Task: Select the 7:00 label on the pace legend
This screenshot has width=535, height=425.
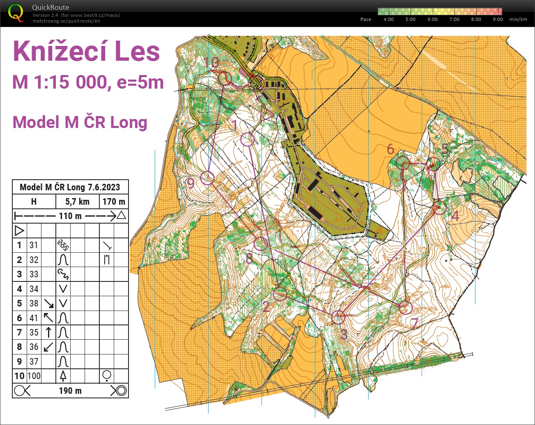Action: (454, 19)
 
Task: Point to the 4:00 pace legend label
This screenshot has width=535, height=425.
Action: (388, 19)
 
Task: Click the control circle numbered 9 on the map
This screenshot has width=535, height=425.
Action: (207, 178)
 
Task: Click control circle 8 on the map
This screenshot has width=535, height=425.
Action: (261, 244)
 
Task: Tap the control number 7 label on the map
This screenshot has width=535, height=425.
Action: (415, 324)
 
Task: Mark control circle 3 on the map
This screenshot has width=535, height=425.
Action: (338, 317)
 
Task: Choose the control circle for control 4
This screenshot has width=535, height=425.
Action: (440, 208)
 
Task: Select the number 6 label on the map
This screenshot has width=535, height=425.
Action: (390, 149)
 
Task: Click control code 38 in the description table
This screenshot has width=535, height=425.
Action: (34, 303)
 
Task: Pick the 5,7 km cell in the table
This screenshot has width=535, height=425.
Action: (77, 201)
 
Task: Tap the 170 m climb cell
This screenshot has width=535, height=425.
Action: (114, 201)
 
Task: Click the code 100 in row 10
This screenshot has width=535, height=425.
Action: (34, 376)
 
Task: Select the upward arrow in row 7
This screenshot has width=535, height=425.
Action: (48, 332)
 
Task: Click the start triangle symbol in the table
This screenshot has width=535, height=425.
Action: (19, 231)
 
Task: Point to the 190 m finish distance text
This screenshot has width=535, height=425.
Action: (70, 391)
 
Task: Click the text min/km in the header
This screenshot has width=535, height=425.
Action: (518, 19)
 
